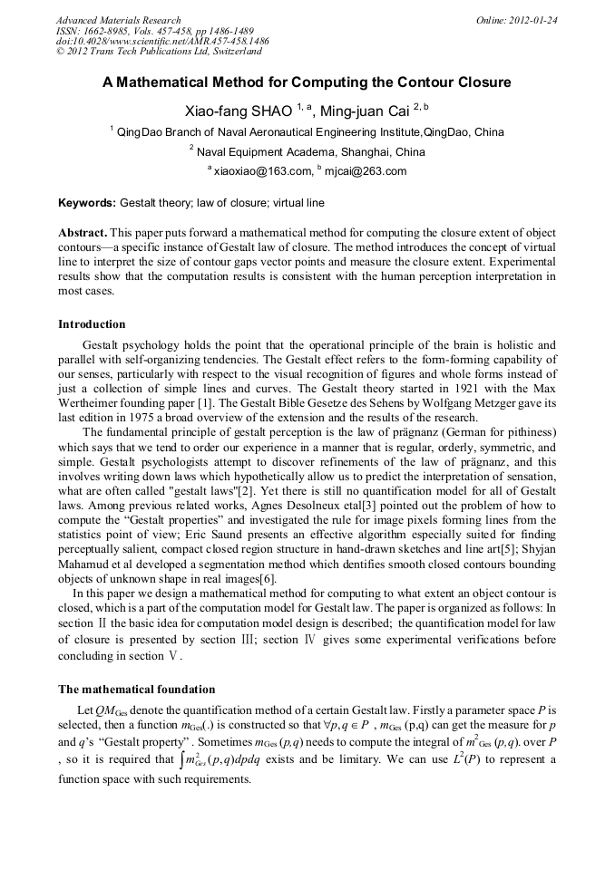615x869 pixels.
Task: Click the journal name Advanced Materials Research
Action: coord(118,20)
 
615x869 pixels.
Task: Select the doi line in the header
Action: coord(162,42)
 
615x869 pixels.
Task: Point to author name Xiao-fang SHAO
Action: coord(239,111)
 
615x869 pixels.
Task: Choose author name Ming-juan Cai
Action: coord(374,111)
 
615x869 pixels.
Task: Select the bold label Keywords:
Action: coord(88,204)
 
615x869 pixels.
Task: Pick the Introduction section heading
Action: coord(92,323)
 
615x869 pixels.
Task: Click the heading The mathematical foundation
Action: coord(136,689)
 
